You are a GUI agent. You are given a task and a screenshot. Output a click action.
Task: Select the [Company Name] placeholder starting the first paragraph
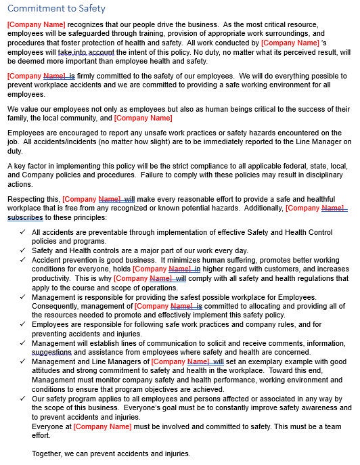(36, 24)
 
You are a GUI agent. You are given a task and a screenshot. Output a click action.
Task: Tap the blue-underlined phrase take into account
(86, 52)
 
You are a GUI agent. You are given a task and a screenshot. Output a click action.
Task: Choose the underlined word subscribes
(25, 218)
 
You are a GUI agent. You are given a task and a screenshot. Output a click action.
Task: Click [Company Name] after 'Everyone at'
(102, 426)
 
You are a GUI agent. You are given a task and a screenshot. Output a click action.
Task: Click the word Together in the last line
(49, 453)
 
